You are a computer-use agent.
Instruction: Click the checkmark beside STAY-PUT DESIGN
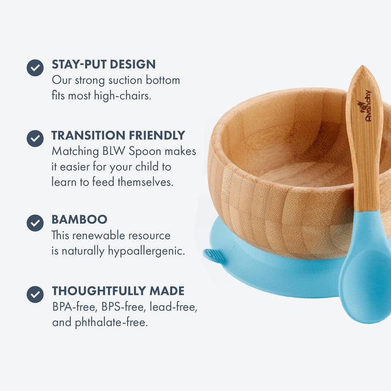pos(35,68)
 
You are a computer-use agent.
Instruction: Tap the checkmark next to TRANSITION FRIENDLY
pos(35,139)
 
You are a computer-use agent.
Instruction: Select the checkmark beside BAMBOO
pos(35,223)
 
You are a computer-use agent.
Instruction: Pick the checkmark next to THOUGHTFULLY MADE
pos(35,294)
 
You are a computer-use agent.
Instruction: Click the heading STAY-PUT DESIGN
pos(104,65)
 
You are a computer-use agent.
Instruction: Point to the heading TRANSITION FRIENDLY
pos(118,135)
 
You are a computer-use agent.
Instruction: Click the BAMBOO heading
pos(80,219)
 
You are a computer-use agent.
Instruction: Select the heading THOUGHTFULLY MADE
pos(118,291)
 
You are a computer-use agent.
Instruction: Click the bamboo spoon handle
pos(365,156)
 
